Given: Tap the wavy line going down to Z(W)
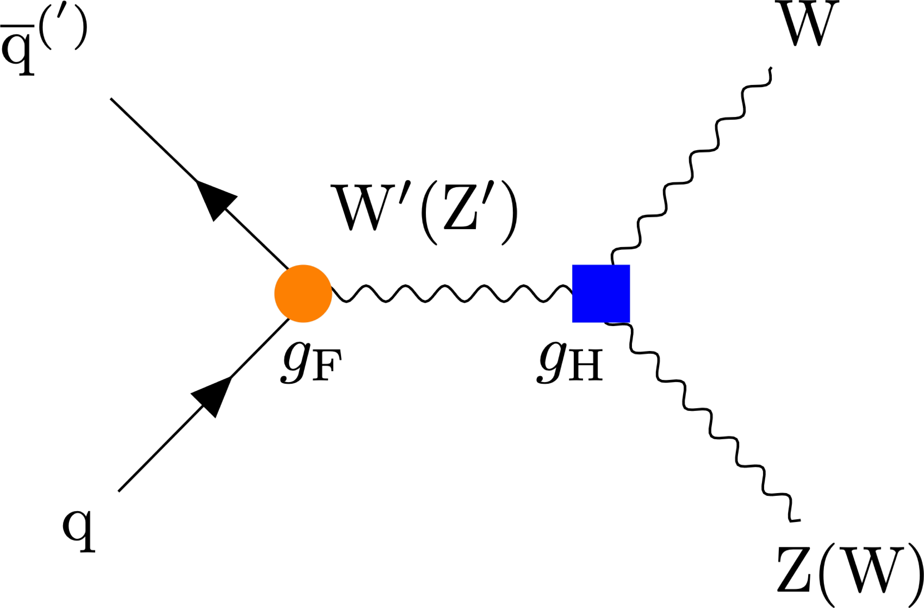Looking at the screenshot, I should (x=710, y=423).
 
